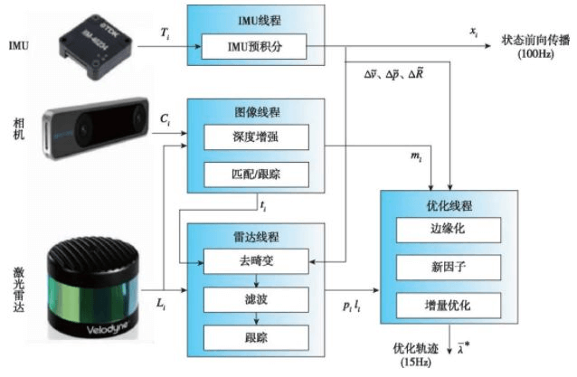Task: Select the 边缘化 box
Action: point(449,230)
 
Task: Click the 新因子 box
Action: point(449,267)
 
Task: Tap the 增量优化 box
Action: point(449,304)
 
